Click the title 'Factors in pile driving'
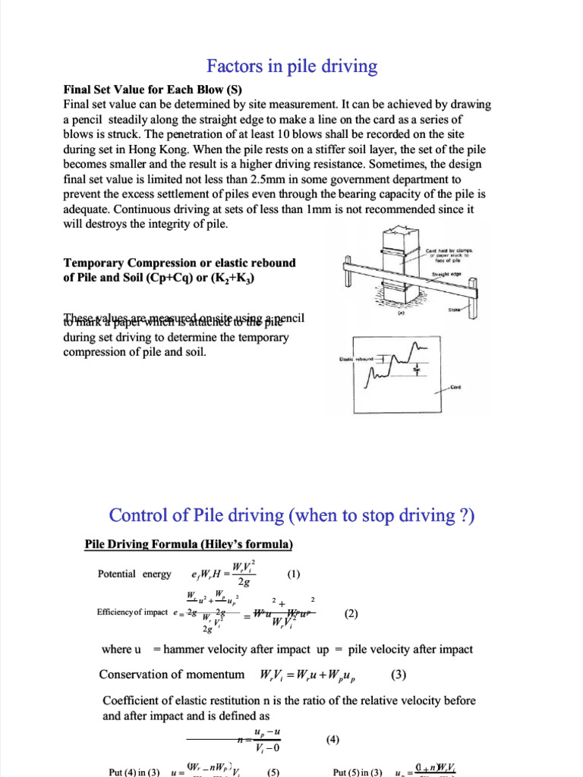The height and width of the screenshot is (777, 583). [292, 67]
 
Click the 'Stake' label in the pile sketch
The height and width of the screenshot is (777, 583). [455, 310]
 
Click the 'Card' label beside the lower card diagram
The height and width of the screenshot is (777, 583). [455, 387]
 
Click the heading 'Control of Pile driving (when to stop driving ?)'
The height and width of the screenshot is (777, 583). [291, 515]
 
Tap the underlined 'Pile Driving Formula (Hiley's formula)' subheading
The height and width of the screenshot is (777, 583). [188, 545]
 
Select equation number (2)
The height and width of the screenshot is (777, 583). [351, 614]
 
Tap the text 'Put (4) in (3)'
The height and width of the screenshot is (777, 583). [134, 772]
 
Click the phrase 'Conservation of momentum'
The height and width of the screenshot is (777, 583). [172, 674]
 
